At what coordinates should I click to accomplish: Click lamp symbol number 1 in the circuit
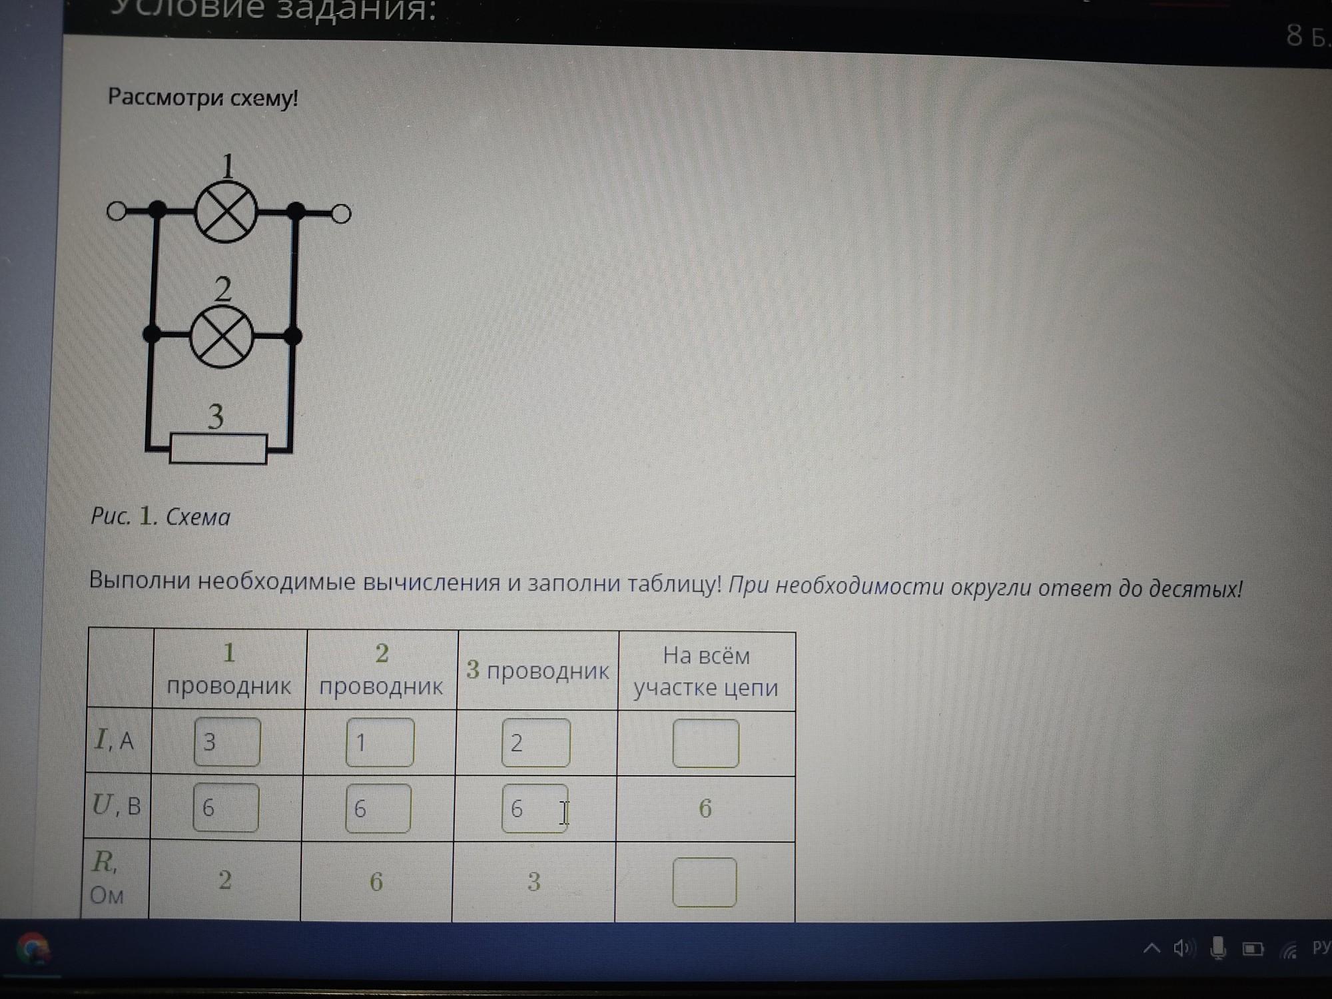[226, 212]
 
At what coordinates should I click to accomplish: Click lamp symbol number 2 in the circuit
[222, 336]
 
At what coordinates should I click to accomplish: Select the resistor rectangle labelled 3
[218, 448]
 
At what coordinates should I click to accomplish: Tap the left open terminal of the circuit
[117, 211]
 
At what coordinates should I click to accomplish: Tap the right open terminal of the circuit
[341, 214]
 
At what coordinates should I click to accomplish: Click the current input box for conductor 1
[227, 741]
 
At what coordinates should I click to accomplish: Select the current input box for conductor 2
[380, 742]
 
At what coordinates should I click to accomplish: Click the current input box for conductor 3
[535, 743]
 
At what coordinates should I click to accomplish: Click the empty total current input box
[705, 743]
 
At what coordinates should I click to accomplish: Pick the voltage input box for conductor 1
[226, 807]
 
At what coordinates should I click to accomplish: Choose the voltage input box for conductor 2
[378, 809]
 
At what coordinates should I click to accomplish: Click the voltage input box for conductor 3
[534, 809]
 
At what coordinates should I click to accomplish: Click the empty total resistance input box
[705, 882]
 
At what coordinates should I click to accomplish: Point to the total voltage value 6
[705, 809]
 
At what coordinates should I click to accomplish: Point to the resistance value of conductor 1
[225, 880]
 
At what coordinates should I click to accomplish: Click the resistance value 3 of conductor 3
[533, 882]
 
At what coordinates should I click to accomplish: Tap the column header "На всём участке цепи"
[706, 671]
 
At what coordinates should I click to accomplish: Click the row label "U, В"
[117, 806]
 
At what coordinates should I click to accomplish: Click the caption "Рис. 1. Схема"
[161, 517]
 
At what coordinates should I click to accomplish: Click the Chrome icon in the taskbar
[32, 948]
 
